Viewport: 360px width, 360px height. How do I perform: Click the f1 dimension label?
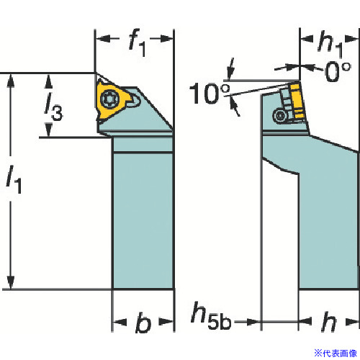point(138,42)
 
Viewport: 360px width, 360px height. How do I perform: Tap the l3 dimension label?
point(53,107)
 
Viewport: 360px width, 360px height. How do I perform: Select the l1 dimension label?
point(14,179)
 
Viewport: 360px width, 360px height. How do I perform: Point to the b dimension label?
point(143,323)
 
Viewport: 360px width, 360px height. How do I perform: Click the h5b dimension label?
point(211,316)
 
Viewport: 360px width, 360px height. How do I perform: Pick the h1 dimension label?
point(330,44)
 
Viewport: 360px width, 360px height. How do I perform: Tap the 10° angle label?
point(210,94)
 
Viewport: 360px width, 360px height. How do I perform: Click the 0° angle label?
point(338,71)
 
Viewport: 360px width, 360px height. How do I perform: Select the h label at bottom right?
point(329,323)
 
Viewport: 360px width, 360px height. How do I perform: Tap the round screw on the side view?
point(280,116)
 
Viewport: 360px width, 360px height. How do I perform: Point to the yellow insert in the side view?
point(297,101)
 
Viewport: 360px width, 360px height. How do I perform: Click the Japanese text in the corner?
point(336,353)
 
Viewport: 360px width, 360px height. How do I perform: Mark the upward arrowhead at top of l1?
point(10,81)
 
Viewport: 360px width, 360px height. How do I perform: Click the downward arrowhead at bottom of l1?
point(10,282)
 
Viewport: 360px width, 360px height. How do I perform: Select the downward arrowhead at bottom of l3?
point(49,130)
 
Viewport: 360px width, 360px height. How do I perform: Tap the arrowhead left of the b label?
point(120,323)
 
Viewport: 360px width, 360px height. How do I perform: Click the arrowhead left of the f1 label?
point(103,38)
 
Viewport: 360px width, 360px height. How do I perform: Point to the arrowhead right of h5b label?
point(253,322)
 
